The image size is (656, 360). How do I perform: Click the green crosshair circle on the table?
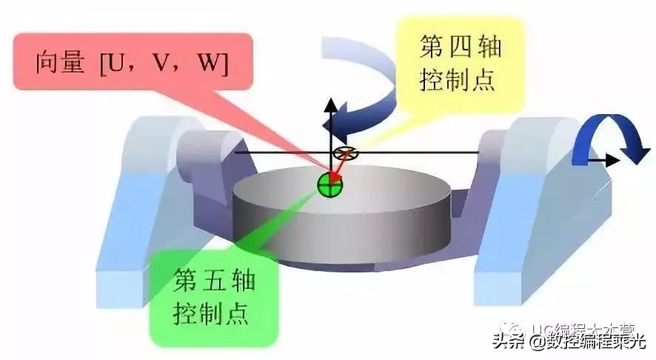pos(329,184)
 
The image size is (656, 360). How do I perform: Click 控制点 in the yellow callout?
pos(461,81)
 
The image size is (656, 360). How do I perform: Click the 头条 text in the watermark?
pos(506,341)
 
